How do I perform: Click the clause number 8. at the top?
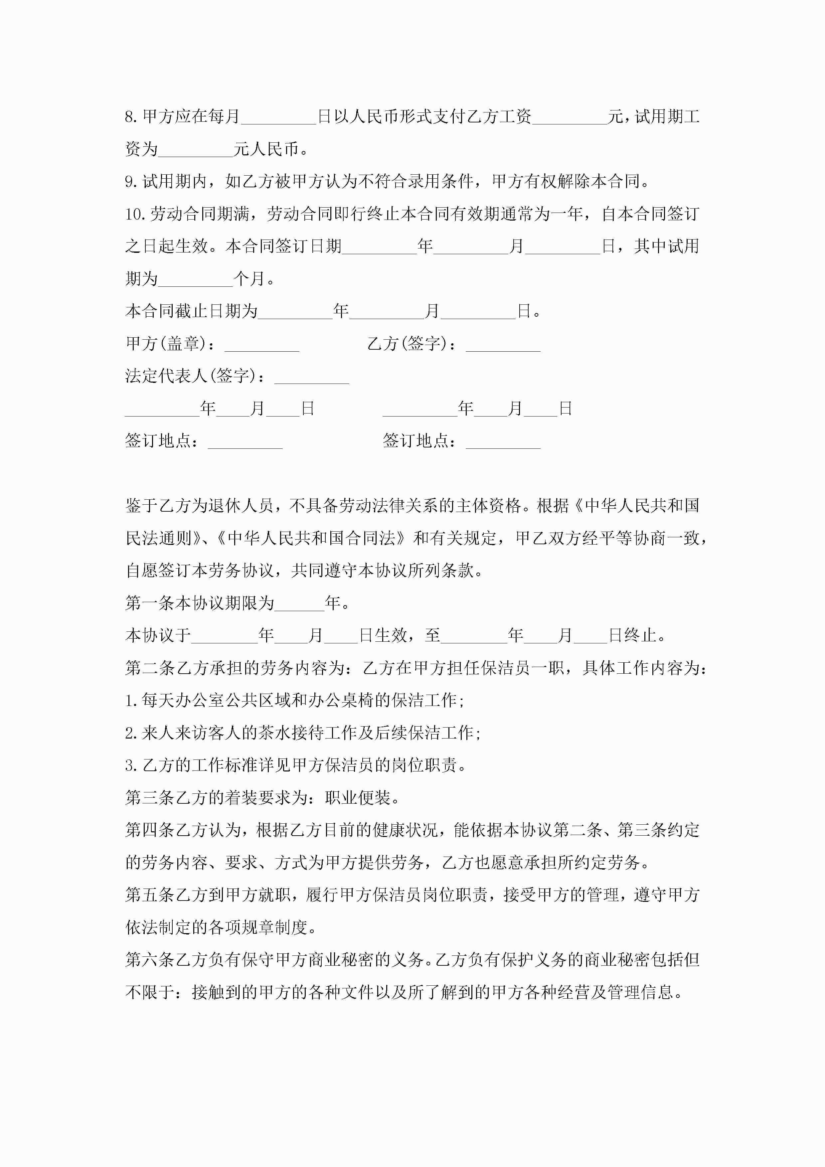132,117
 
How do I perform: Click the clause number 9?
132,181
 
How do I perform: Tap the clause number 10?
136,214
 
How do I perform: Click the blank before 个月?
195,279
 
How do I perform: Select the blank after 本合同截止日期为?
295,312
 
